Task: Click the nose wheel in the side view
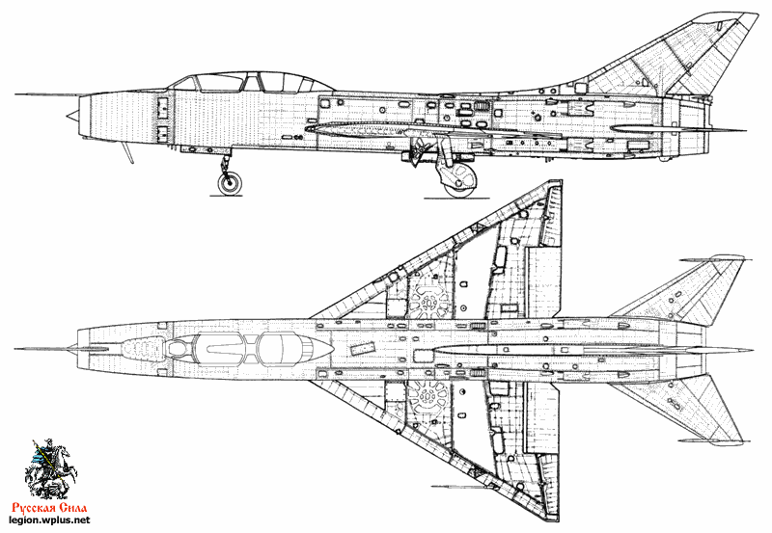(230, 182)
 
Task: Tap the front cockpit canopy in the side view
(220, 83)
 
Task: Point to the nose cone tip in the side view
(68, 117)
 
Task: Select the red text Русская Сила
(50, 508)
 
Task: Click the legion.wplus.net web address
(50, 520)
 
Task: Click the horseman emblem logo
(50, 469)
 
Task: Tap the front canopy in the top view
(220, 348)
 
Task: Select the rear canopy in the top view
(277, 348)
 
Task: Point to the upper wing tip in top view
(559, 182)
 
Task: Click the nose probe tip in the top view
(15, 349)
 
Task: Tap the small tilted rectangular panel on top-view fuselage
(363, 348)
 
